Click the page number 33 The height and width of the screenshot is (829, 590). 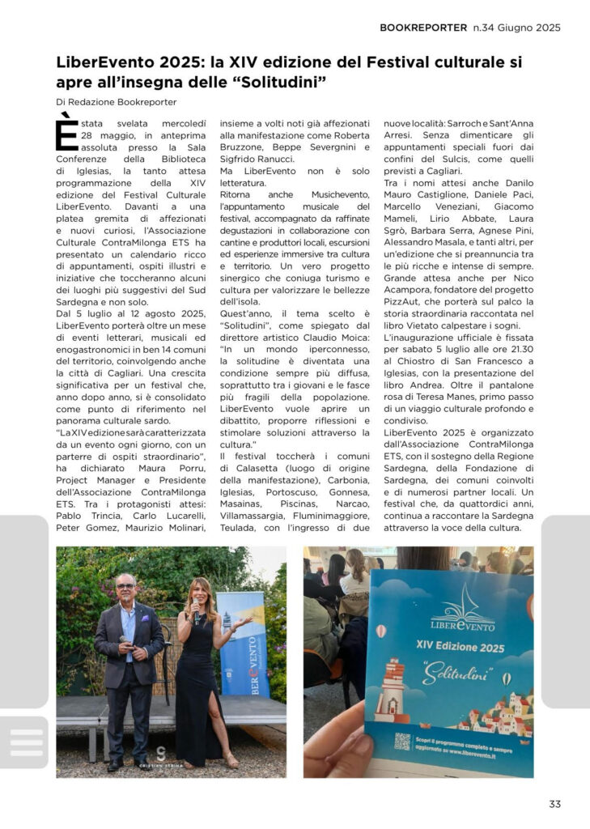coord(554,804)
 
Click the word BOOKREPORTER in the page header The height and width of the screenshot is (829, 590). coord(423,28)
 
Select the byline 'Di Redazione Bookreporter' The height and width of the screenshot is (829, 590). coord(117,102)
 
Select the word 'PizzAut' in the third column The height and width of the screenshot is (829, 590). coord(404,302)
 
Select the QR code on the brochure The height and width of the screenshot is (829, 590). coord(401,741)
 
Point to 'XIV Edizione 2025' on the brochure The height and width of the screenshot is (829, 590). coord(461,648)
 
